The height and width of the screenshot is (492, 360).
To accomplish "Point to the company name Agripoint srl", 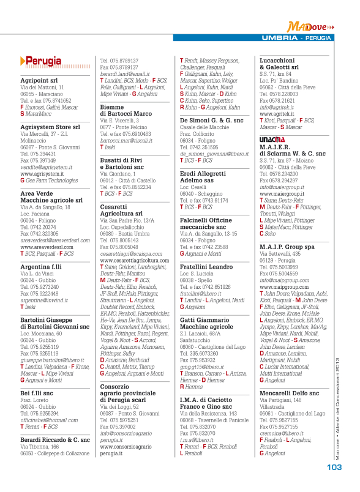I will coord(39,80).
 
